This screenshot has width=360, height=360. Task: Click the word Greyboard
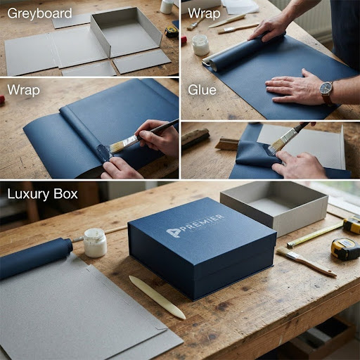point(39,13)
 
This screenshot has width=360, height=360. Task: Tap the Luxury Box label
point(42,194)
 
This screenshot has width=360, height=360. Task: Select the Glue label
point(202,90)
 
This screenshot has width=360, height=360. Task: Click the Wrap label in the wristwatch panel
point(204,13)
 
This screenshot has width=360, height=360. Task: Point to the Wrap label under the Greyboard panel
point(23,90)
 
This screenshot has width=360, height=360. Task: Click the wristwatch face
point(326,88)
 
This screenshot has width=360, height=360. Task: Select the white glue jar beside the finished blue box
point(95,243)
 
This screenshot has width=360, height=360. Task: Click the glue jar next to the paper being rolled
point(200,45)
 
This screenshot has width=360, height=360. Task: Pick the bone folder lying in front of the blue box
point(157,296)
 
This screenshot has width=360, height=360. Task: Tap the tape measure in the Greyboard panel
point(172,32)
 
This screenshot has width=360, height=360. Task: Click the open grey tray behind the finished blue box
point(274,206)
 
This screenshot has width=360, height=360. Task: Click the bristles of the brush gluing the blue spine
point(117,148)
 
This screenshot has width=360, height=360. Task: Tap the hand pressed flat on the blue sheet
point(293,88)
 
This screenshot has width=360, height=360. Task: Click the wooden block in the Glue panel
point(195,137)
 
